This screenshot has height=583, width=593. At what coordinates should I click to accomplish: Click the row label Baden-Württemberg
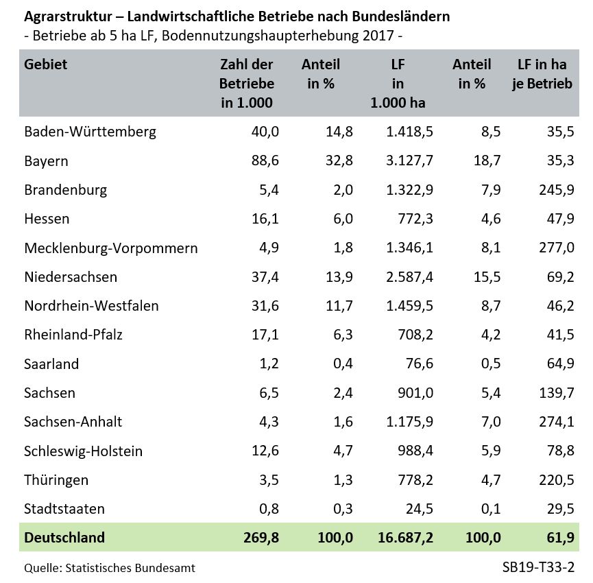90,132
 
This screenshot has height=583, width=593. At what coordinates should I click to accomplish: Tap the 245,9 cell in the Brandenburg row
556,190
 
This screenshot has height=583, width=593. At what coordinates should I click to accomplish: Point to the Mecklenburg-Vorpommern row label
110,248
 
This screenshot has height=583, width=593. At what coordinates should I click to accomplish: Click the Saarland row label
51,364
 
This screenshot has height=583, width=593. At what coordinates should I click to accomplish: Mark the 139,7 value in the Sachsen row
556,393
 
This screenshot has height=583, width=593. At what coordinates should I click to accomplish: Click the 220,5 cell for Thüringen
556,480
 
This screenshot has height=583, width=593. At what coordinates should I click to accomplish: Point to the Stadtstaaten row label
64,509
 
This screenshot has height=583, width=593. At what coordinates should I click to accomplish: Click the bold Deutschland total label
64,538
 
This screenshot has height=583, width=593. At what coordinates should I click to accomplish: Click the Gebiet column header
46,65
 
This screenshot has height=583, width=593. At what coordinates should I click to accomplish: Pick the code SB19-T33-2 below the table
537,568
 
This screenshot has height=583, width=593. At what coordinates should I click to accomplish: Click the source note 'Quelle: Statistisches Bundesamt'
110,568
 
